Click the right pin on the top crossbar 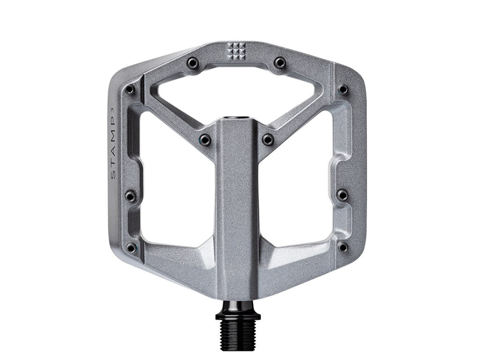tap(279, 62)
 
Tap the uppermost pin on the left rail tap(131, 90)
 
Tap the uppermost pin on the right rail tap(343, 90)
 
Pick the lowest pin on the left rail tap(131, 247)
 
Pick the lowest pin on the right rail tap(343, 247)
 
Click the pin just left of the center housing tap(205, 139)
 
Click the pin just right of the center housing tap(268, 139)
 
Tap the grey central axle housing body tap(236, 211)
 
